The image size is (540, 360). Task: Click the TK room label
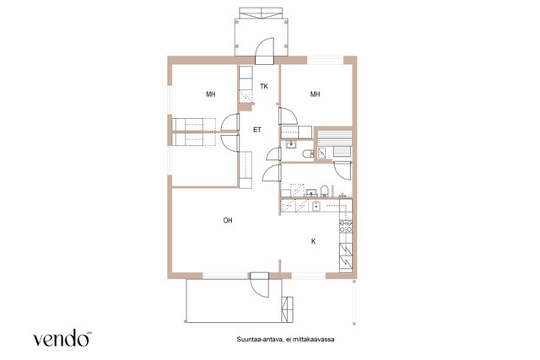tap(264, 86)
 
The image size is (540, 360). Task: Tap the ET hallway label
tap(257, 130)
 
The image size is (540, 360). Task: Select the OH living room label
tap(228, 220)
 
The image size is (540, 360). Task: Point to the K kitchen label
tap(313, 241)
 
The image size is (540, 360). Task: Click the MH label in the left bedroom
tap(211, 94)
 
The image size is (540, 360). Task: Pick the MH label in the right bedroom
tap(315, 94)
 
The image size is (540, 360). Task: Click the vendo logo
tap(62, 338)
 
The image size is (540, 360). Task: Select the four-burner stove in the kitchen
tap(346, 226)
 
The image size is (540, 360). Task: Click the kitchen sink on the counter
tap(317, 207)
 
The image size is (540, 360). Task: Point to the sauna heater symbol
tap(321, 153)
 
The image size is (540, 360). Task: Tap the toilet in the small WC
tap(307, 153)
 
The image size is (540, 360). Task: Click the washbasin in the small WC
tap(291, 145)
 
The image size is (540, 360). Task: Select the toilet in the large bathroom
tap(324, 191)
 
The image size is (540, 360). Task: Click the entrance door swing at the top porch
tap(264, 51)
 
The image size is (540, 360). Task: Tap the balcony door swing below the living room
tap(260, 285)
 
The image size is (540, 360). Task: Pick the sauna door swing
tap(343, 170)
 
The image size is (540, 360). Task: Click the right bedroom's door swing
tap(288, 116)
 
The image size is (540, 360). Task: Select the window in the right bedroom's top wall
tap(326, 60)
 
